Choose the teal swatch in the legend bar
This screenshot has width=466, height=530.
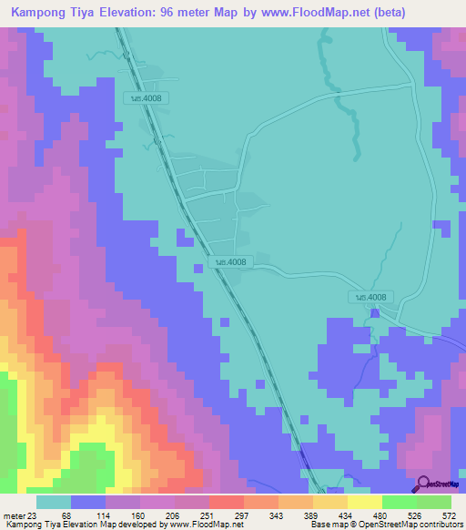coord(54,502)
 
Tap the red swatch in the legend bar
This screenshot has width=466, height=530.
coord(227,502)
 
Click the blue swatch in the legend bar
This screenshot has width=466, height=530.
coord(88,502)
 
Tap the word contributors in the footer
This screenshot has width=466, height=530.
coord(441,525)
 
